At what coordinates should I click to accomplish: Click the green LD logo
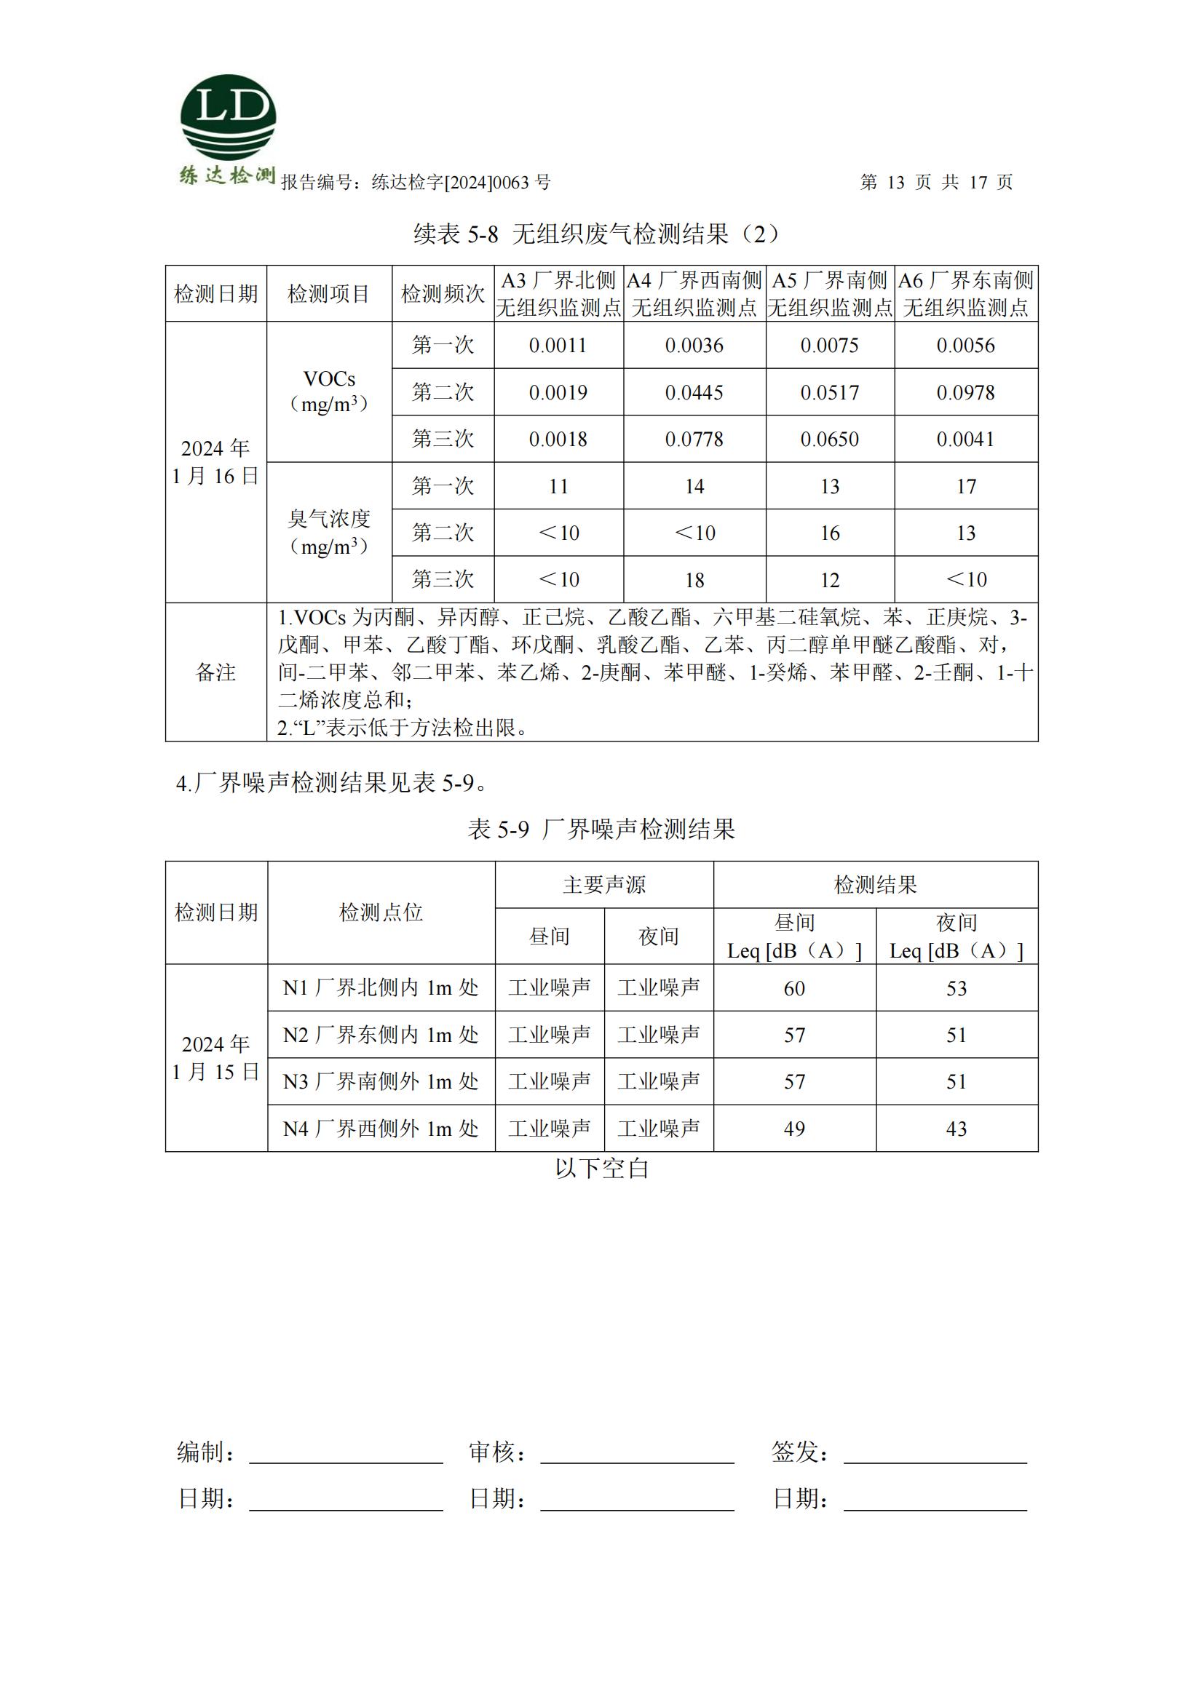pos(228,117)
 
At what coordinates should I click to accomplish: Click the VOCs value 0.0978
pos(965,392)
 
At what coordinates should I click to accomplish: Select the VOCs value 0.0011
pos(558,346)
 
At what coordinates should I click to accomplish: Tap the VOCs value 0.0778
pos(694,439)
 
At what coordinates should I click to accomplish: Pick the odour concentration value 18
pos(694,580)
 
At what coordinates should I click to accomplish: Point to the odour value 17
pos(965,486)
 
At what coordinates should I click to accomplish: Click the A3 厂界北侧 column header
pos(558,293)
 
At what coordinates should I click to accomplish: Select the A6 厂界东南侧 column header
pos(965,293)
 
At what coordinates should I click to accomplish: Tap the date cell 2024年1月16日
pos(215,462)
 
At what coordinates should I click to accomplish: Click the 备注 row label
pos(215,672)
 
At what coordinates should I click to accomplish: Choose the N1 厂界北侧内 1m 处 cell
pos(380,987)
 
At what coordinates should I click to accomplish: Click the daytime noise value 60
pos(794,988)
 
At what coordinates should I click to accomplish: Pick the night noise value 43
pos(957,1129)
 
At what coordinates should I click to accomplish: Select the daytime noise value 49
pos(794,1129)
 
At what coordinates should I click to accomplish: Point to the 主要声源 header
pos(603,884)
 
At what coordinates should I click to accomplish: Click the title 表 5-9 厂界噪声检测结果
pos(601,829)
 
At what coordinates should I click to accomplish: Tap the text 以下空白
pos(601,1169)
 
